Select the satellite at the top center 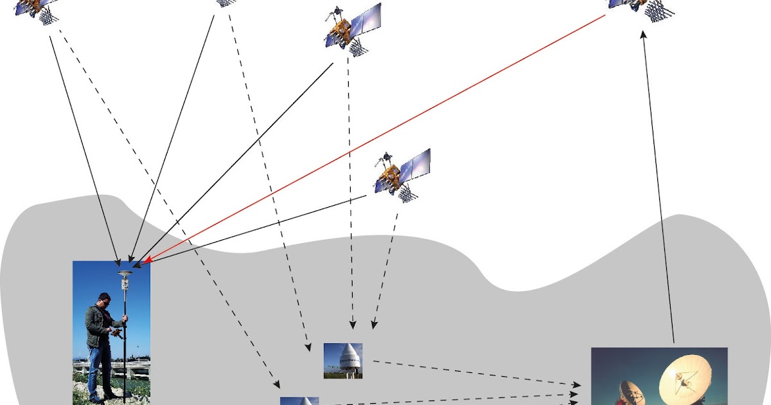tap(350, 27)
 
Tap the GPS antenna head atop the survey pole tap(125, 274)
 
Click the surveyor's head tap(103, 299)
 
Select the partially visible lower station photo tap(299, 401)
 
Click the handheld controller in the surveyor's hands tap(116, 332)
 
